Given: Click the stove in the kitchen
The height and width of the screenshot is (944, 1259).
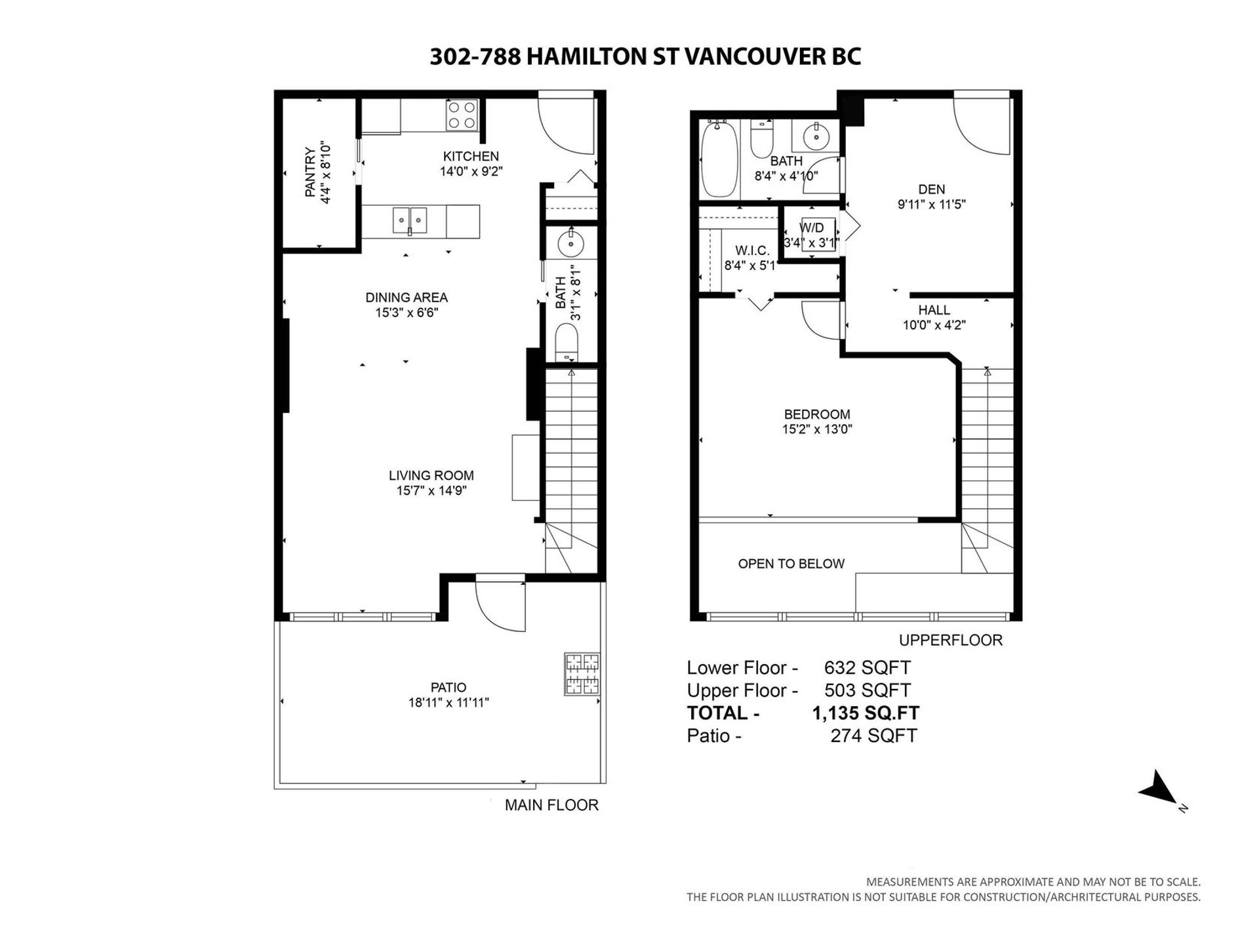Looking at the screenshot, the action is [x=462, y=115].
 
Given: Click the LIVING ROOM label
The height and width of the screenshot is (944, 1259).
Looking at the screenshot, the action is [x=431, y=475].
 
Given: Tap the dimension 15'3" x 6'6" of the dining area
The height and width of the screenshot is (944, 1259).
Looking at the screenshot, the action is [x=407, y=313].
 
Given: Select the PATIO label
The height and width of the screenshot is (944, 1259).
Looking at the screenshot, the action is [x=449, y=687].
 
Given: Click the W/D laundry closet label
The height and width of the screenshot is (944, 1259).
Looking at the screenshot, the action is [x=812, y=227].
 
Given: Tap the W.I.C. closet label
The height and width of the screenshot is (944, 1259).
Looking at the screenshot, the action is [x=751, y=250].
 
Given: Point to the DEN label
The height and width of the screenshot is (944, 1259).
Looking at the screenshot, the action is [x=931, y=189].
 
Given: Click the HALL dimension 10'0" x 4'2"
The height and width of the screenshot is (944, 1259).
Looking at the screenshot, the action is [x=934, y=324].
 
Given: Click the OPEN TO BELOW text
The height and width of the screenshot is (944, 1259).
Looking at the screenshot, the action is [x=791, y=564].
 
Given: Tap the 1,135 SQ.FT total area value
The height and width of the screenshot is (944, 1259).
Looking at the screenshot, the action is [x=866, y=713].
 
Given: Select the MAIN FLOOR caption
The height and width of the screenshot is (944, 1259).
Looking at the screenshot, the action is [x=551, y=805].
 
